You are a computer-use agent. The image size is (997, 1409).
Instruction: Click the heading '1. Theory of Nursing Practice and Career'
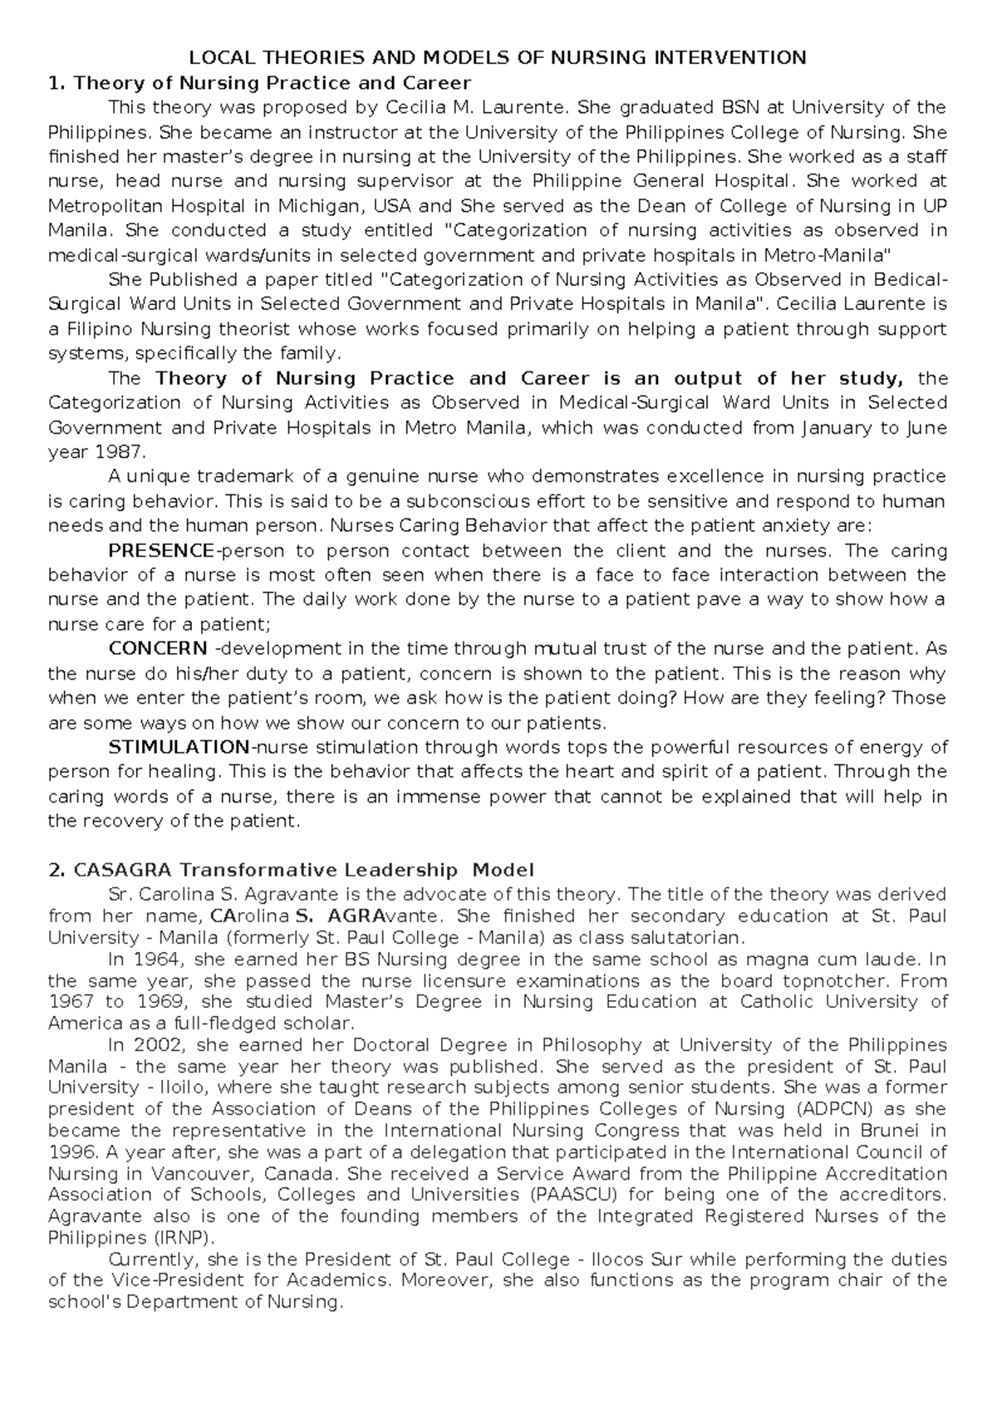coord(260,82)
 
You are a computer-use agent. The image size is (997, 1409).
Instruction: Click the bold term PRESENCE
coord(161,551)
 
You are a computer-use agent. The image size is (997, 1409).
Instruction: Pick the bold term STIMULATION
coord(179,747)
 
